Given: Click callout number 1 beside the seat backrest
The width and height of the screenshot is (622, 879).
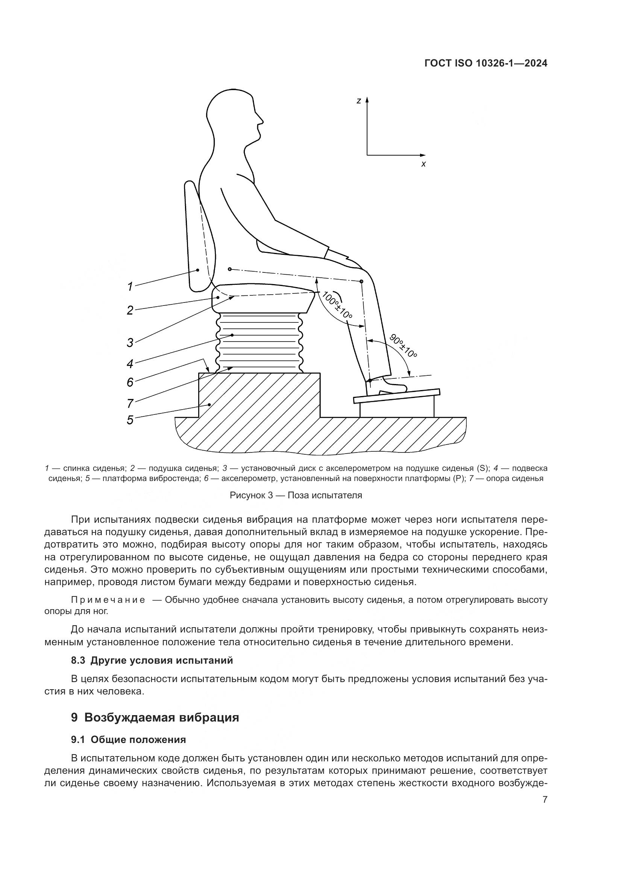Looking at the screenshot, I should [x=130, y=286].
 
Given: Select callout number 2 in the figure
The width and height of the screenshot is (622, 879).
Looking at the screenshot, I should [x=130, y=310].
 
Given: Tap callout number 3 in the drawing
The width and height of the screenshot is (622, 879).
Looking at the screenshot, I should [x=130, y=342].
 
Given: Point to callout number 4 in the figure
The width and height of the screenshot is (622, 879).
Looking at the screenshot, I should [x=130, y=364].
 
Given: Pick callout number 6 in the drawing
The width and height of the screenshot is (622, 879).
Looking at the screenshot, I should [x=130, y=382].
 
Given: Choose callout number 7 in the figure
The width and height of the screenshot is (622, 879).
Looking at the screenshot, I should [x=130, y=403].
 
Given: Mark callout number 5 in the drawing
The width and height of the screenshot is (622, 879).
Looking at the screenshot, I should [x=130, y=420].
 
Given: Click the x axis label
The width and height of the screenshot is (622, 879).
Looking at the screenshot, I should [x=423, y=164].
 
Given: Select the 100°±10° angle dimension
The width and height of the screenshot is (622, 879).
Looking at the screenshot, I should [x=336, y=305].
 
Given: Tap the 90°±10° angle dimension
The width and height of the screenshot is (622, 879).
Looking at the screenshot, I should [x=403, y=346].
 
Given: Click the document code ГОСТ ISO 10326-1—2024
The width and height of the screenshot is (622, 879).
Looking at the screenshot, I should [x=485, y=64].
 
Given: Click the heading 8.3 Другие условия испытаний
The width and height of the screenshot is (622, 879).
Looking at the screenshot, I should [x=152, y=660].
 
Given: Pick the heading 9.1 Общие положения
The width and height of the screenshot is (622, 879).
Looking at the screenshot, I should [x=128, y=740].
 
